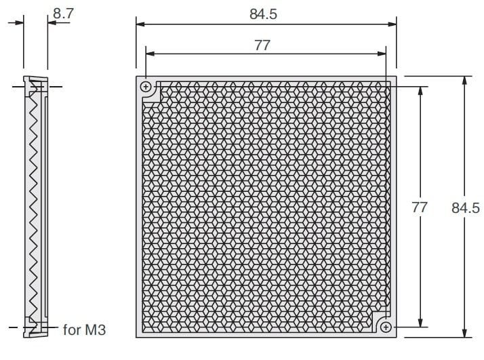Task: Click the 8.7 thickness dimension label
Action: (x=63, y=14)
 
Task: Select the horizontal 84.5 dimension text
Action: (x=263, y=14)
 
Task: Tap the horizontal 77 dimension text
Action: (x=262, y=45)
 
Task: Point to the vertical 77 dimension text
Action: (x=420, y=207)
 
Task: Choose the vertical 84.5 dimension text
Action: (x=466, y=207)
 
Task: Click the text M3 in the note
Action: (x=96, y=330)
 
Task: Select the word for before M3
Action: (x=73, y=330)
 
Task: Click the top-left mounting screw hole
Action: (x=146, y=87)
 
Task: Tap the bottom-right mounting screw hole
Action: (x=386, y=327)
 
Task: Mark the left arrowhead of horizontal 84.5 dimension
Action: (x=140, y=24)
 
